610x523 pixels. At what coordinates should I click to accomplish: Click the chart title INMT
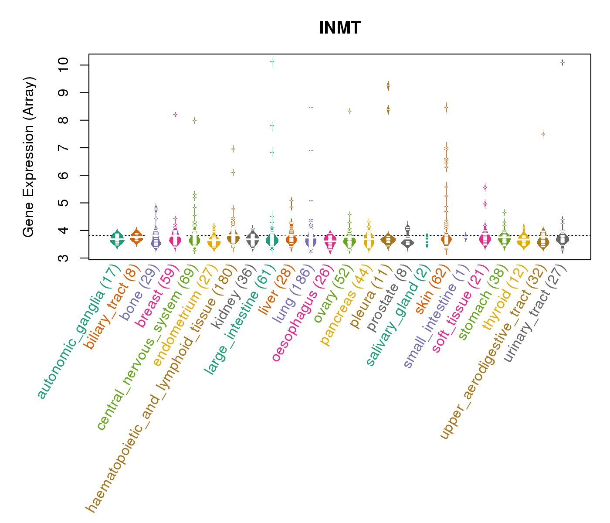(x=340, y=28)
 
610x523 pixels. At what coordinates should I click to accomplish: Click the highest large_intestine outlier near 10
(x=272, y=61)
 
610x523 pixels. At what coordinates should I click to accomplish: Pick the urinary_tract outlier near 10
(x=563, y=63)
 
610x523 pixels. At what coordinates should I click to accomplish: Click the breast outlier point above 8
(x=175, y=115)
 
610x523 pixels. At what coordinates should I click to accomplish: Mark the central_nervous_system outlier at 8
(x=195, y=120)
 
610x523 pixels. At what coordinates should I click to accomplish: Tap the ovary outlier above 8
(x=349, y=111)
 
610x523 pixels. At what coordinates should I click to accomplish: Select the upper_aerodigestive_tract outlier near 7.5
(x=543, y=134)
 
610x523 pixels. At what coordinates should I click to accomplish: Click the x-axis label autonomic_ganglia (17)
(x=78, y=331)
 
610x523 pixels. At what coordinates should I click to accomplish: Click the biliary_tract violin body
(x=136, y=237)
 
